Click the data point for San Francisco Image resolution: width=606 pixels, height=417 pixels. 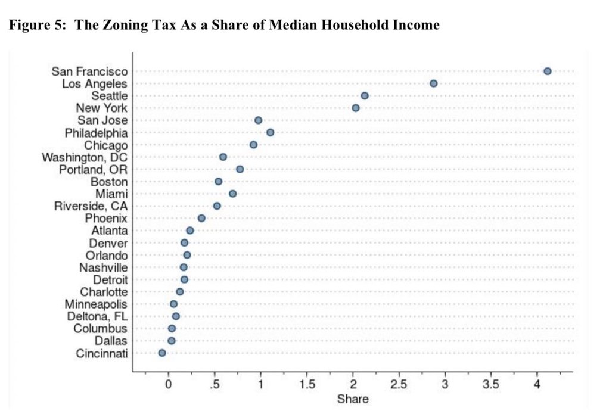(x=547, y=71)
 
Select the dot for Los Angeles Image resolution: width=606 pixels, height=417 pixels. (x=433, y=83)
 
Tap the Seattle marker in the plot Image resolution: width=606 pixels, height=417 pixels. (x=365, y=96)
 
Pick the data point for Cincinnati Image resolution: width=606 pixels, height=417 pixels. (x=162, y=353)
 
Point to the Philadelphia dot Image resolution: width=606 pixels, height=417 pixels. (x=270, y=132)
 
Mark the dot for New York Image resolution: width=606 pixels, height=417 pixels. (x=356, y=108)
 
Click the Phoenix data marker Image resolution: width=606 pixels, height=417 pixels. (x=201, y=218)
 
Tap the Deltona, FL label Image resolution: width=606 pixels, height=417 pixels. (x=97, y=316)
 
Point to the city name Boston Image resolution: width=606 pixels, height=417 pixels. (x=108, y=182)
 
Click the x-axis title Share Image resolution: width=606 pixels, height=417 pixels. (x=353, y=399)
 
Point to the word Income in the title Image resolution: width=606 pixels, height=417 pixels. (x=418, y=25)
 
